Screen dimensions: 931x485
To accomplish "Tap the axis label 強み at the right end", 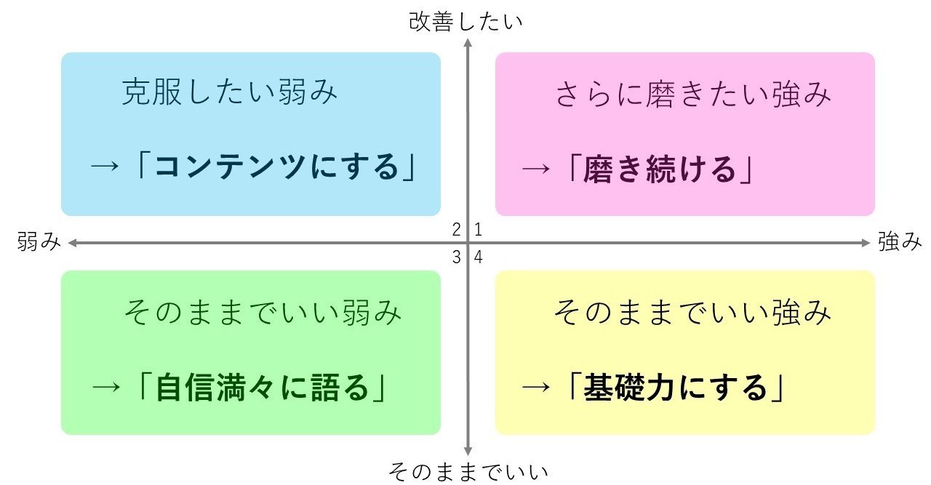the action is click(x=900, y=241).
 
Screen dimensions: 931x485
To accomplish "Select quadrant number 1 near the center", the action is click(x=479, y=231).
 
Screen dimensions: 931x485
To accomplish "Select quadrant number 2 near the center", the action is click(x=457, y=231).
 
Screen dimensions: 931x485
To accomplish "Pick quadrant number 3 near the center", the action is click(x=457, y=257).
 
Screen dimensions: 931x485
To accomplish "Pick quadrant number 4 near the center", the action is click(x=479, y=257).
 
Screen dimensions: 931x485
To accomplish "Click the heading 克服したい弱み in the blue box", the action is click(x=230, y=94).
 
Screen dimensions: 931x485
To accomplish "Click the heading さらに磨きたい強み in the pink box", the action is click(x=692, y=95).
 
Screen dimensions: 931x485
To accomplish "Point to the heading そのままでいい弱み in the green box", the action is click(x=263, y=313).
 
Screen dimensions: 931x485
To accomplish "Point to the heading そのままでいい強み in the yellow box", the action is click(x=692, y=313).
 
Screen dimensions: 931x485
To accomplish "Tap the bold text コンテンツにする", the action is click(x=278, y=168).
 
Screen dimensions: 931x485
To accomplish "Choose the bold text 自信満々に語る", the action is click(x=263, y=388).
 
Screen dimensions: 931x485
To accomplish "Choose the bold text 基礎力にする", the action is click(x=676, y=388).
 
